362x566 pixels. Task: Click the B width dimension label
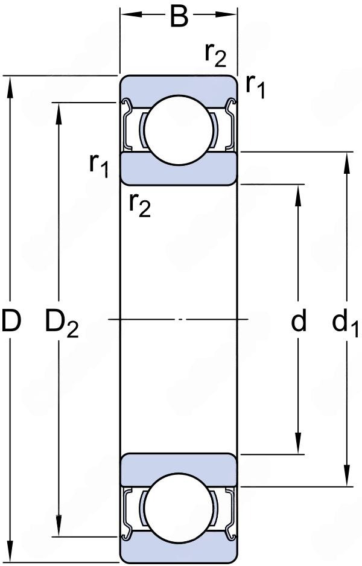tap(179, 17)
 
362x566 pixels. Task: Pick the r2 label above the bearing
tap(215, 55)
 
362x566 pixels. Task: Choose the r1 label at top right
tap(255, 87)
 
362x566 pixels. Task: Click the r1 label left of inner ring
tap(99, 164)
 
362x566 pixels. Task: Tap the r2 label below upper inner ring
tap(139, 206)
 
